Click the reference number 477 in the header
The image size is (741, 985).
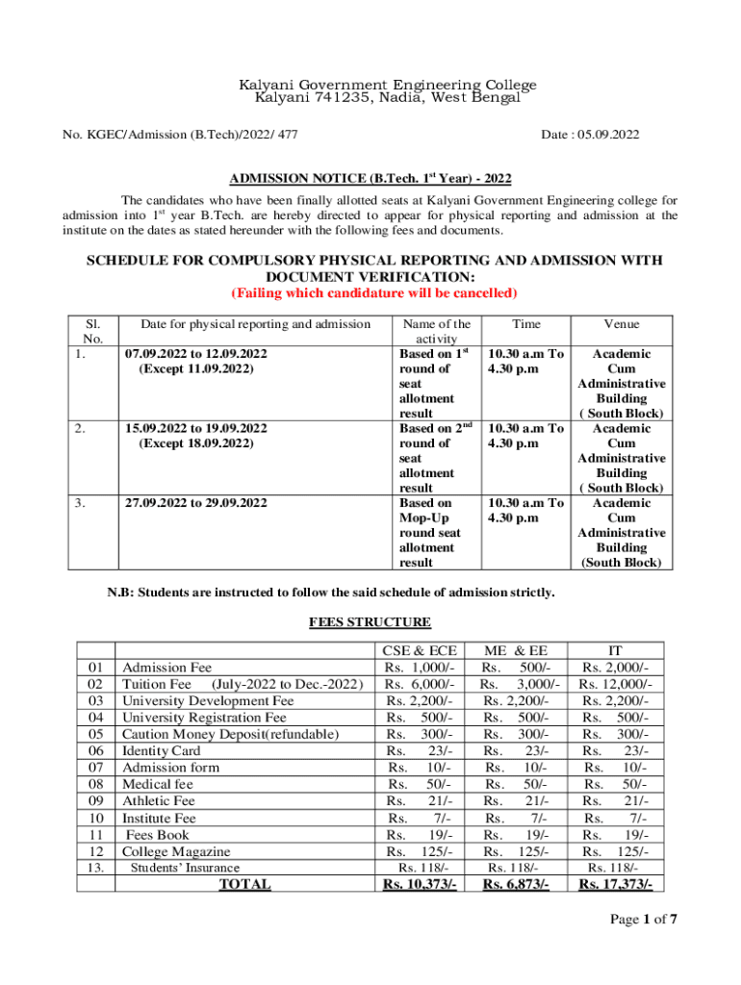[283, 135]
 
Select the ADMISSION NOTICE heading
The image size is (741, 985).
[370, 180]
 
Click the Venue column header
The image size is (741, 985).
[621, 324]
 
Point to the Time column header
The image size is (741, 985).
[525, 324]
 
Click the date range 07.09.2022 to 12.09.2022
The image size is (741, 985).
[196, 354]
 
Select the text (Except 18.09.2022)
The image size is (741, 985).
[196, 443]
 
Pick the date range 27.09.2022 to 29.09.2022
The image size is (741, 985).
[196, 503]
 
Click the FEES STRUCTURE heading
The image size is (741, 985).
[370, 622]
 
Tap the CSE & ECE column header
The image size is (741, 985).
[420, 651]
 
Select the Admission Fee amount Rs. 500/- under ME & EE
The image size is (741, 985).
[517, 668]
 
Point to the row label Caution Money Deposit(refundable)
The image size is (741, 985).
[230, 734]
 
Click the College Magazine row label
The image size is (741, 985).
[176, 851]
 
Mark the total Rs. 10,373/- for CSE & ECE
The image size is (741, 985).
[420, 884]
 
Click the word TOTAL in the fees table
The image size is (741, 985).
[244, 884]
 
